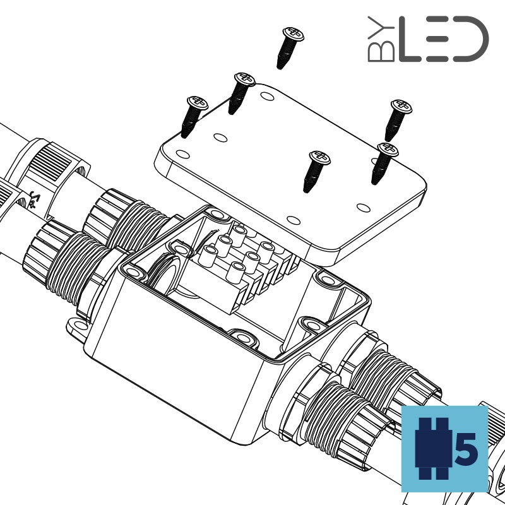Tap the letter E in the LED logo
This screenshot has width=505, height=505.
pyautogui.click(x=437, y=39)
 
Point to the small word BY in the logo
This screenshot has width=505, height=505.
pyautogui.click(x=381, y=39)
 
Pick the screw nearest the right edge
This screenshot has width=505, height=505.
pyautogui.click(x=398, y=120)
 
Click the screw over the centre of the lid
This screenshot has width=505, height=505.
pyautogui.click(x=318, y=171)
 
